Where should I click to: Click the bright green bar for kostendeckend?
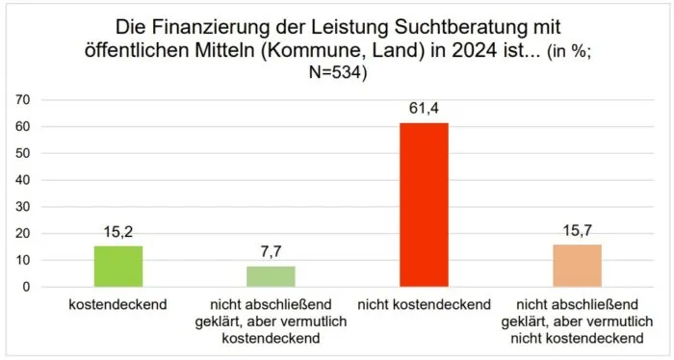(118, 267)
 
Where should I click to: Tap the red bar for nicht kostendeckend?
(425, 205)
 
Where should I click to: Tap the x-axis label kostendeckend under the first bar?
(118, 303)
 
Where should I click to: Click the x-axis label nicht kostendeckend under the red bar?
(425, 303)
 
